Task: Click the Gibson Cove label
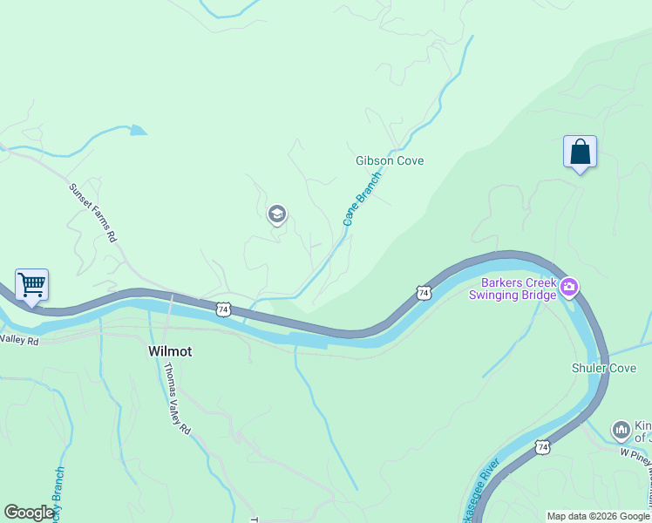click(389, 161)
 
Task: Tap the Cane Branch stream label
click(362, 199)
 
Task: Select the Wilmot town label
click(169, 351)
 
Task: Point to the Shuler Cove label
click(604, 368)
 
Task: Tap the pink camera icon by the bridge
click(569, 286)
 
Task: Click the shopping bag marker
click(580, 153)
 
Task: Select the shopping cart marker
click(31, 285)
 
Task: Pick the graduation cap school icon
click(277, 214)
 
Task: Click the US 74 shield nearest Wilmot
click(224, 309)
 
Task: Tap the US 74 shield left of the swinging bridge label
click(423, 294)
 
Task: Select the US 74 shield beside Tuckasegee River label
click(543, 447)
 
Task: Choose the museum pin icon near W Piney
click(621, 429)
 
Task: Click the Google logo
click(29, 513)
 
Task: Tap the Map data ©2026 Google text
click(597, 516)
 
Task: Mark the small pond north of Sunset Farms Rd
click(138, 131)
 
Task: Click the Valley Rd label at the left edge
click(19, 341)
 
